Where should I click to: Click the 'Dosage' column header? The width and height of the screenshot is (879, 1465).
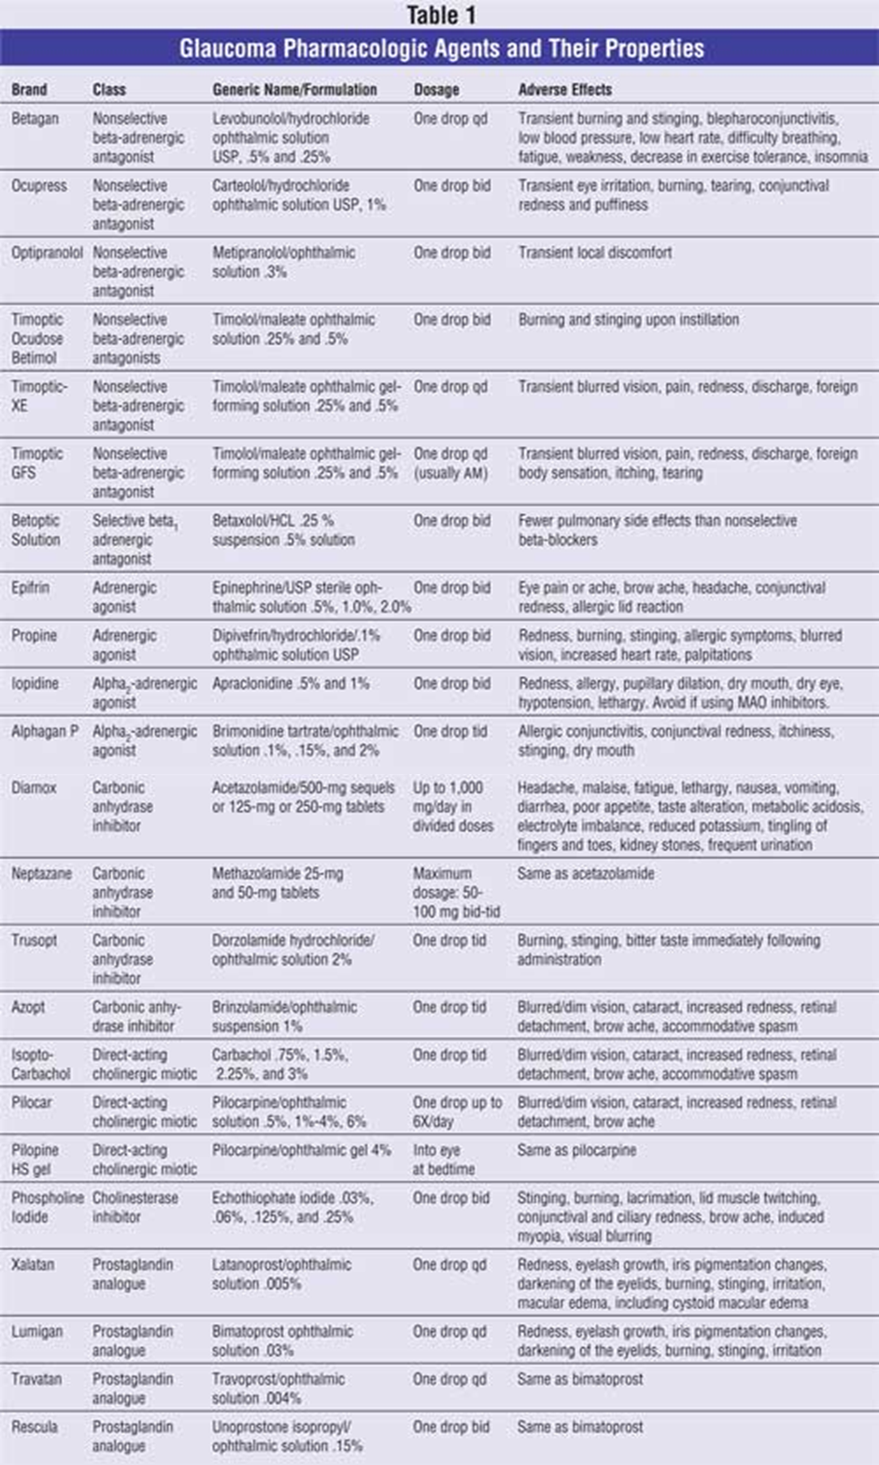(x=436, y=90)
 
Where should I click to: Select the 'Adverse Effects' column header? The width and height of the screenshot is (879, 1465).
(x=565, y=90)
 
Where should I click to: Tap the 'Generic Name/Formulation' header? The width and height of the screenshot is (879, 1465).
(x=294, y=90)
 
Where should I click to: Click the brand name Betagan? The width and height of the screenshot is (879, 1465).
(x=34, y=119)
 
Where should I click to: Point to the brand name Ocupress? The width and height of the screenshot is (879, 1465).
(x=39, y=185)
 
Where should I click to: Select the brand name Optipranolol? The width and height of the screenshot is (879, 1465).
(x=47, y=252)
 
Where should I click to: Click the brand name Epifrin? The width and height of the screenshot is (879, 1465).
(x=32, y=587)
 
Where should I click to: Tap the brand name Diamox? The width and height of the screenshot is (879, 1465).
(x=34, y=787)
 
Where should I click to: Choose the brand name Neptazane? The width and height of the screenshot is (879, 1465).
(x=41, y=873)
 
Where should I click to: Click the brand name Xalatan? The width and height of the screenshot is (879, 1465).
(x=33, y=1264)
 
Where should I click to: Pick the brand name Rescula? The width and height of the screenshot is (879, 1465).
(x=34, y=1427)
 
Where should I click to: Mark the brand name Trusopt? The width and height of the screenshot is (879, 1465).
(x=35, y=941)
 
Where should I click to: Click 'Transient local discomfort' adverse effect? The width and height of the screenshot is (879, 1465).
(x=595, y=252)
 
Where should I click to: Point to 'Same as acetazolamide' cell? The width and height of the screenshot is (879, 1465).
(x=586, y=873)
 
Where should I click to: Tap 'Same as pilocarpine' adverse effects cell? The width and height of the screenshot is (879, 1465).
(x=576, y=1150)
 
